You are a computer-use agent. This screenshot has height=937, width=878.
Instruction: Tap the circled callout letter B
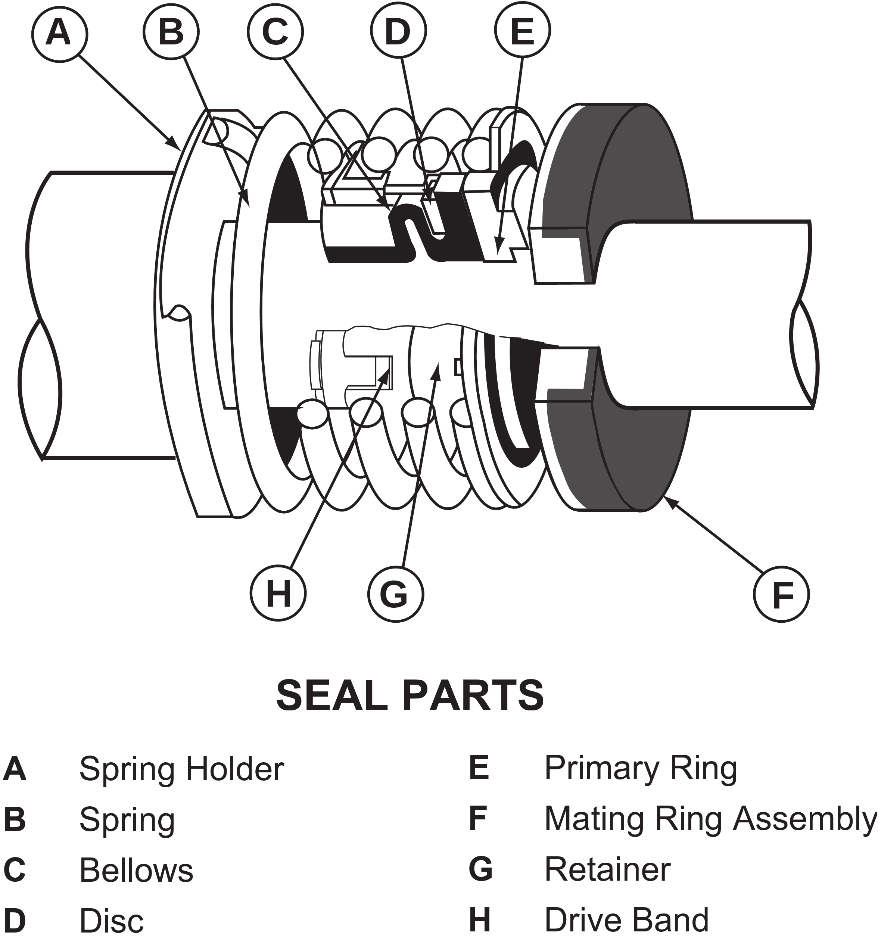coord(171,32)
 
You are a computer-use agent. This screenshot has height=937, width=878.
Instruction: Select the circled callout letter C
coord(276,32)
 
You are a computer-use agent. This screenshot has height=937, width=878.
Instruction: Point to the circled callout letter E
coord(522,32)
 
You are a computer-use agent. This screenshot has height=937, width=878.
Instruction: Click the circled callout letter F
coord(782,594)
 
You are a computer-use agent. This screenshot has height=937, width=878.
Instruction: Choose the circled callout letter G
coord(395,594)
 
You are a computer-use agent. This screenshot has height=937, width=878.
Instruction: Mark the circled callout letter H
coord(278,594)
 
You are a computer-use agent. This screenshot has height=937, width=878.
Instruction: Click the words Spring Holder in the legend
coord(181,769)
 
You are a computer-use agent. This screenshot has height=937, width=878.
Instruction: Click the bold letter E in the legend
coord(478,768)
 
